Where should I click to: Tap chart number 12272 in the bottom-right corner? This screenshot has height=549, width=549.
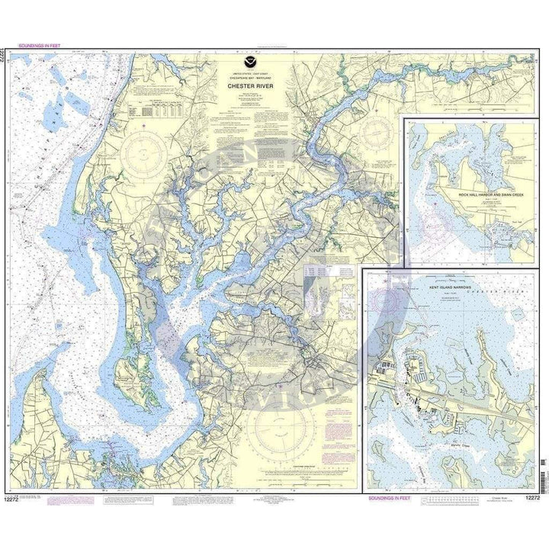coord(535,498)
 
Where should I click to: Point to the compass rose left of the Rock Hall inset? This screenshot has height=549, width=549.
coord(372,134)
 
